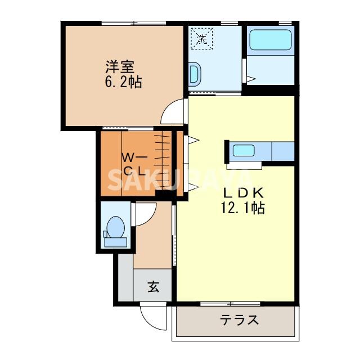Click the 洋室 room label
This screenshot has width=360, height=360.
click(x=119, y=66)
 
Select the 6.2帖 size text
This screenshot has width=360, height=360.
click(x=123, y=82)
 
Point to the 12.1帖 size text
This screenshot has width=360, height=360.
click(x=242, y=208)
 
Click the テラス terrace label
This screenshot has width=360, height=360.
click(x=239, y=321)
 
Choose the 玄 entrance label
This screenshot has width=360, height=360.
click(x=153, y=286)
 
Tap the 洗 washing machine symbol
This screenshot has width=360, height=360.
click(x=201, y=38)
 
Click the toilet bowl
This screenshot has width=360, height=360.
click(x=116, y=227)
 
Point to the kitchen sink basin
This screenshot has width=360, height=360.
click(x=244, y=151)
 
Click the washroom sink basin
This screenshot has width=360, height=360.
click(x=194, y=73)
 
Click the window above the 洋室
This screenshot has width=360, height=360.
click(x=134, y=23)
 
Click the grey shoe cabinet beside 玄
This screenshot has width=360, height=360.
click(x=124, y=280)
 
